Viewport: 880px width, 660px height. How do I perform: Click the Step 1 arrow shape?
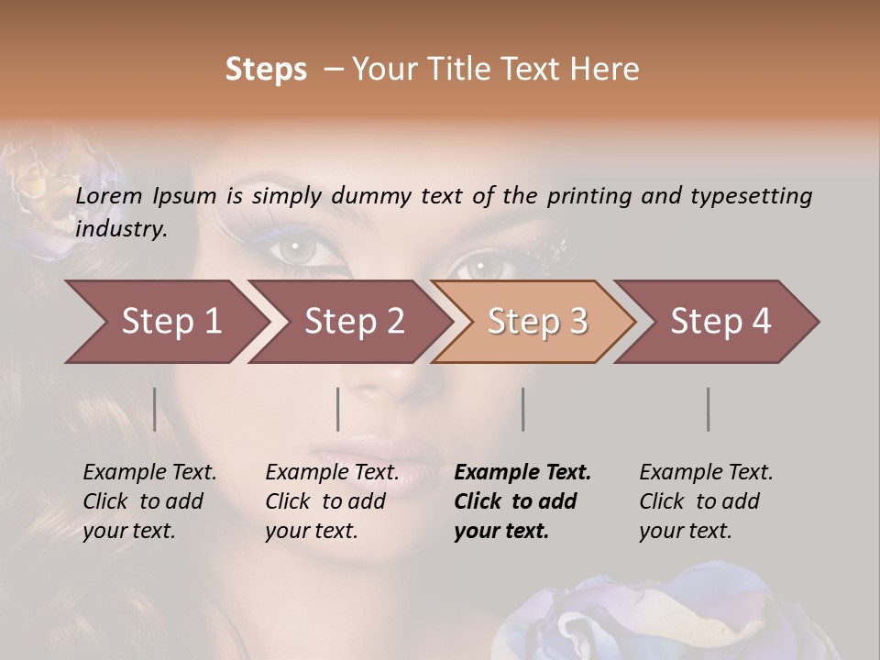click(165, 322)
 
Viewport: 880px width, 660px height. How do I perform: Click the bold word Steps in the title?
click(266, 70)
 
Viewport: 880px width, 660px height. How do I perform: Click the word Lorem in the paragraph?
click(108, 196)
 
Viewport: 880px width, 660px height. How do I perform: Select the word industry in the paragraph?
click(120, 229)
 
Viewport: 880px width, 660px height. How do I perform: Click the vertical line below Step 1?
click(155, 409)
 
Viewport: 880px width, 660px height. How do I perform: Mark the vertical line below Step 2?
click(338, 409)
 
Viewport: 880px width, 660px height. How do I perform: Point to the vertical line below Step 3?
click(523, 409)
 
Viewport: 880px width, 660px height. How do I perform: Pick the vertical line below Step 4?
click(709, 409)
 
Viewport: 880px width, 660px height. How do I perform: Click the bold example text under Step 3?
click(522, 501)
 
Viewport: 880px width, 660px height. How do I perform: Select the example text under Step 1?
click(149, 501)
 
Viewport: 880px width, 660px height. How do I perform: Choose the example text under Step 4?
click(706, 501)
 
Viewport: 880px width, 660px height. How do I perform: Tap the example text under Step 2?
click(332, 501)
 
